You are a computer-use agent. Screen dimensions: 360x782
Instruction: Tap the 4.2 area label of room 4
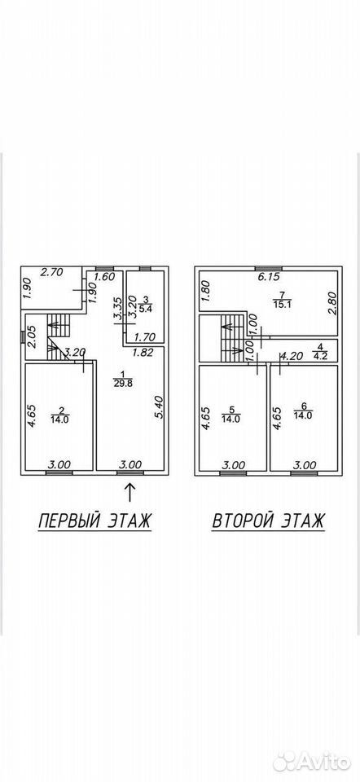point(318,356)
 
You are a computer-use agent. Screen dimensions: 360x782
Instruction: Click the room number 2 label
point(61,411)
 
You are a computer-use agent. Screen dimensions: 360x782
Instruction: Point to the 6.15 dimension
point(268,276)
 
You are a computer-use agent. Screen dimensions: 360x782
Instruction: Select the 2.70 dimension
point(51,272)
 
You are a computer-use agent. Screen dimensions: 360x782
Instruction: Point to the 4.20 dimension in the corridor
point(292,356)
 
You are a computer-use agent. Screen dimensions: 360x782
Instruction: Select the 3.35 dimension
point(116,310)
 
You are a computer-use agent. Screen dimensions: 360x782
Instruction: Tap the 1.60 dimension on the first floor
point(105,277)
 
